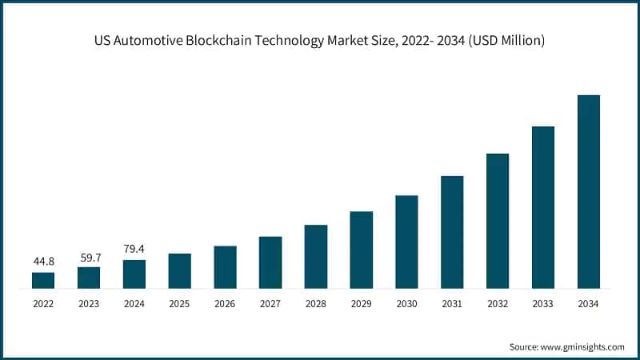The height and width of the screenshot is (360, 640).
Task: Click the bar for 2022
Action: [43, 280]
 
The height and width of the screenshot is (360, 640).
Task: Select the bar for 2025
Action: [180, 270]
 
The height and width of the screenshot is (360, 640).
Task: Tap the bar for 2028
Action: [316, 256]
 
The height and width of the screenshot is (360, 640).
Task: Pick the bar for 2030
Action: [406, 242]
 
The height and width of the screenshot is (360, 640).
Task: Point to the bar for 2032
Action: [498, 221]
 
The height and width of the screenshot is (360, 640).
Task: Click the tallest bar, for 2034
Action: [589, 192]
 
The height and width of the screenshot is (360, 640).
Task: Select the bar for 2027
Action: [270, 262]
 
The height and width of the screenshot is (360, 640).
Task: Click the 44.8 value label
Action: [43, 262]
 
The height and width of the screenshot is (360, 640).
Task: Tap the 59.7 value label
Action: [89, 257]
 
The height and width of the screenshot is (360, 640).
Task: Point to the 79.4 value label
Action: [134, 249]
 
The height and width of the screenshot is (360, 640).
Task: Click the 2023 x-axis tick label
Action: [89, 304]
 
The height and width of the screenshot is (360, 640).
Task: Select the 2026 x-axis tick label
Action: [225, 304]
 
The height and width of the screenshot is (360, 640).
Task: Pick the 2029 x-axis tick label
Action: [362, 304]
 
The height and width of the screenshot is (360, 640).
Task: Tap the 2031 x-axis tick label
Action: [452, 304]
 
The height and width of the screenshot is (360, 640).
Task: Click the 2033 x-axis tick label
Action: [543, 304]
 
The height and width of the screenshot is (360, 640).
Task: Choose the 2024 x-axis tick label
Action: [134, 304]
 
